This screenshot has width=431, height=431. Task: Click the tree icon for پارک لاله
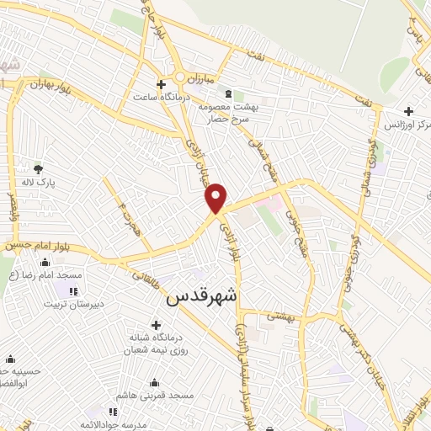(x=38, y=168)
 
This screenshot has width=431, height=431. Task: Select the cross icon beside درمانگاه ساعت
(x=162, y=84)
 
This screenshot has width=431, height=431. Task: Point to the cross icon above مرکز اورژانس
(x=408, y=111)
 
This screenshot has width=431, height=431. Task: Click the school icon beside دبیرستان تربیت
(x=74, y=291)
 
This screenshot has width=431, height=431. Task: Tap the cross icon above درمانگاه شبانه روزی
(x=156, y=324)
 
